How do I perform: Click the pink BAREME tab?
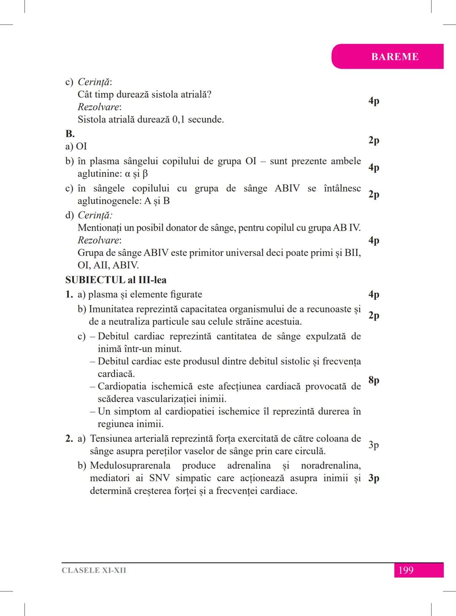(394, 57)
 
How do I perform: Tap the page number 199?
(406, 570)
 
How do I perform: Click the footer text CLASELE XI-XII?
(94, 570)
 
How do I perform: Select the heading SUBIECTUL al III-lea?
(116, 280)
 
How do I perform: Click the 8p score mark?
(374, 380)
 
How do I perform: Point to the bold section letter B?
(70, 134)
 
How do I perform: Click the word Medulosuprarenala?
(130, 466)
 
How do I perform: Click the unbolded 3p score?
(374, 445)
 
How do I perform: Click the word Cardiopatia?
(122, 386)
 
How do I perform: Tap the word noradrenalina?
(331, 466)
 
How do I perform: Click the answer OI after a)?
(81, 147)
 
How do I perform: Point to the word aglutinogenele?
(109, 201)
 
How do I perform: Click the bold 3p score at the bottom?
(374, 478)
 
